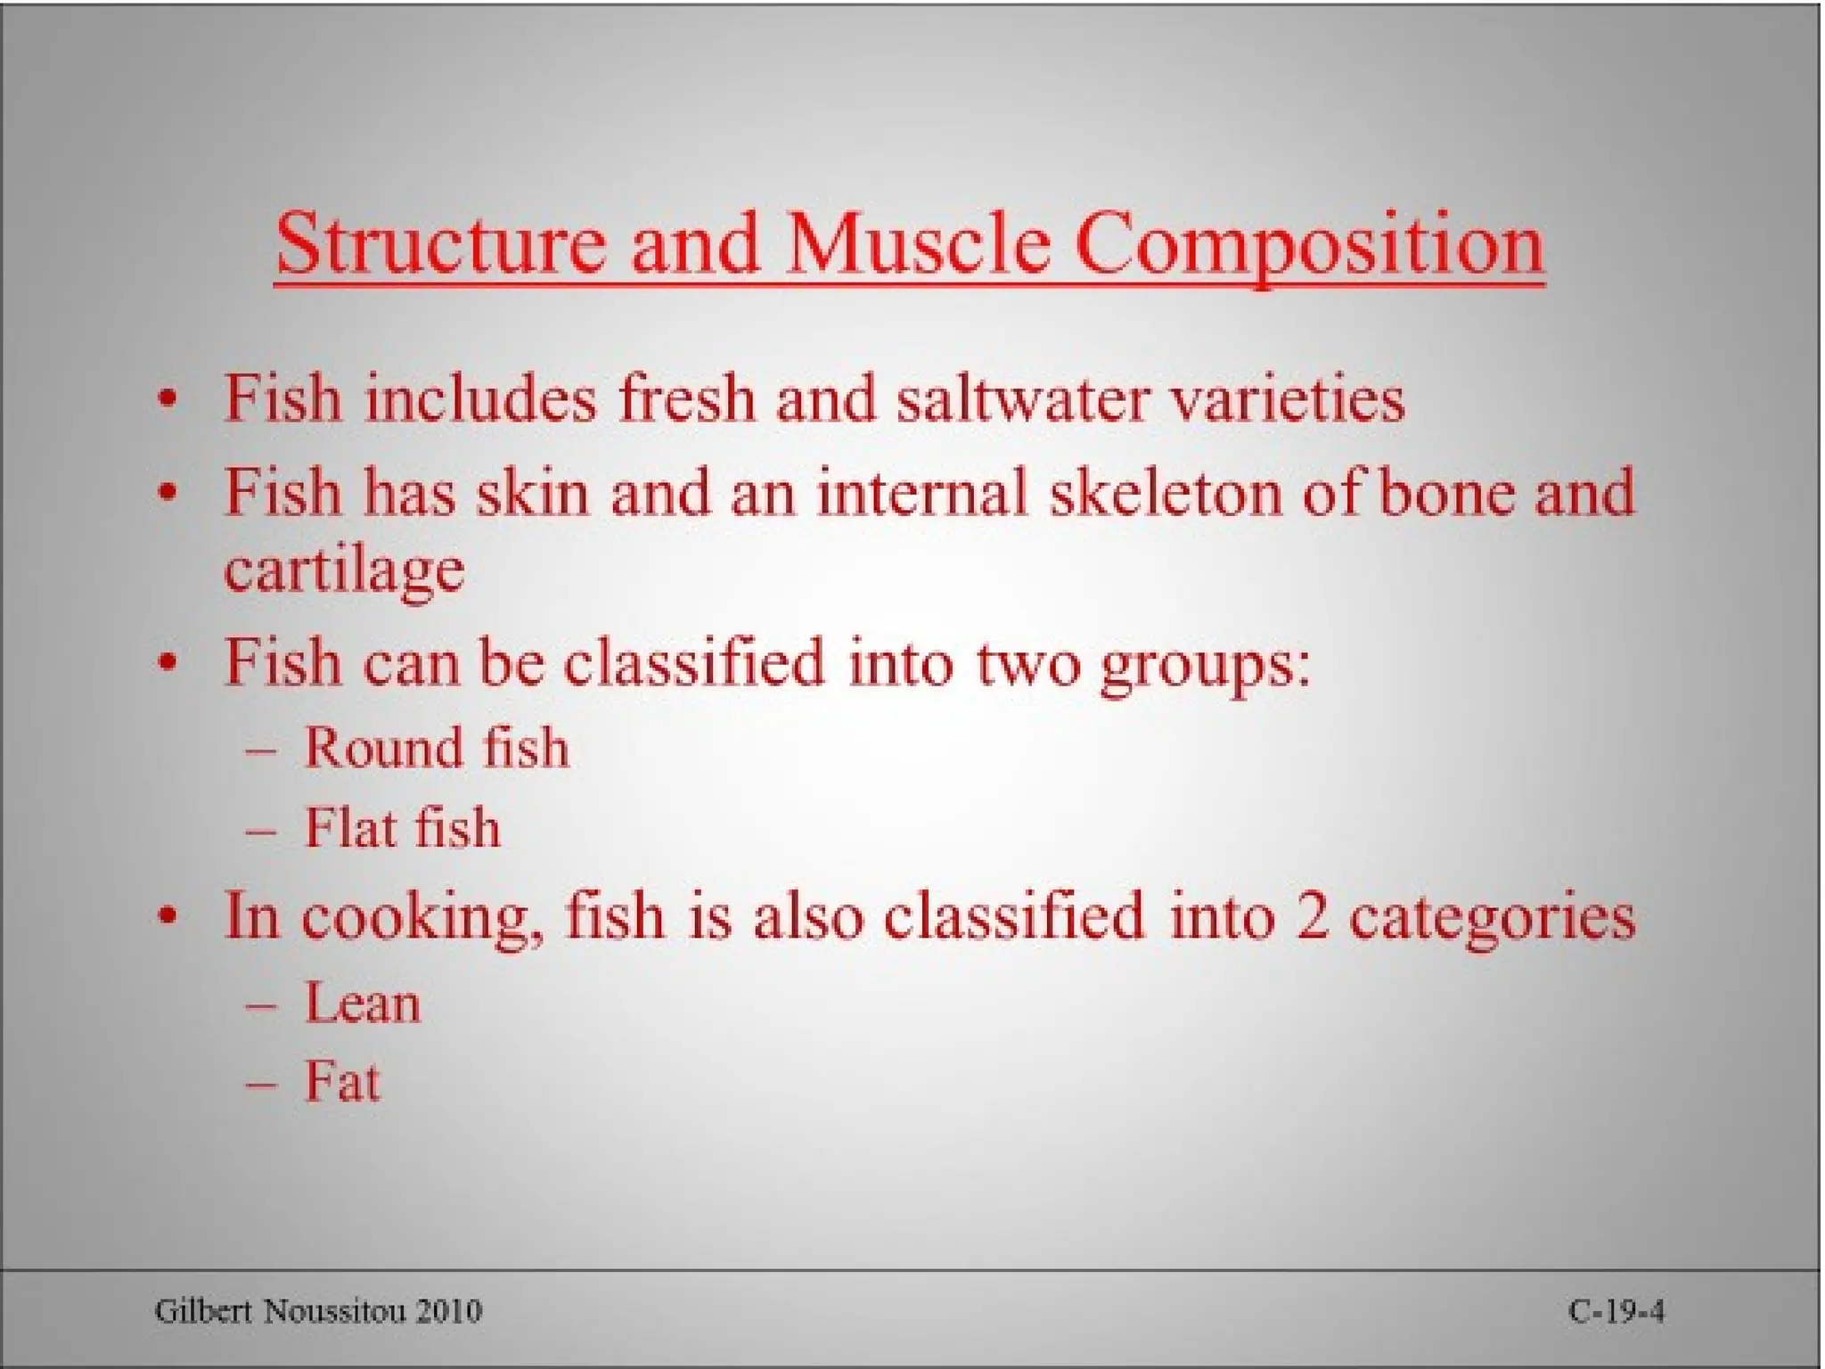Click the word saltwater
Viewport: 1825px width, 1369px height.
(x=1022, y=398)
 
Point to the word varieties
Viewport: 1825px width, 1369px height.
(x=1287, y=398)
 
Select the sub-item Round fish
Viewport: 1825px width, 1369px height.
(x=437, y=747)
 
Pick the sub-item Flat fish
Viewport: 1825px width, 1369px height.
(x=402, y=828)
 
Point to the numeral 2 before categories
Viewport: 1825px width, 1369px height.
(x=1313, y=916)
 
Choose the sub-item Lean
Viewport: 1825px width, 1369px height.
(x=362, y=1004)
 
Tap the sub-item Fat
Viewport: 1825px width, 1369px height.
(x=342, y=1082)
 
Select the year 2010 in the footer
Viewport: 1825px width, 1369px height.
(x=449, y=1311)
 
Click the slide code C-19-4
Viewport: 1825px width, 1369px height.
(x=1616, y=1311)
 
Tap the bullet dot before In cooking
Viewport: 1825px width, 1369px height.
(x=167, y=916)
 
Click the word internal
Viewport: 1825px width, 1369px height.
(x=921, y=493)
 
